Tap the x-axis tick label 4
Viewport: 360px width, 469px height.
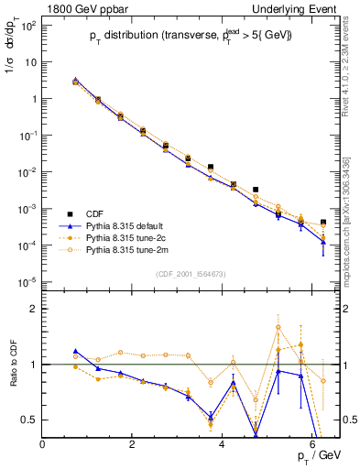pyautogui.click(x=223, y=444)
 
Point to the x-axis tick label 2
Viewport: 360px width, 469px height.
pyautogui.click(x=133, y=444)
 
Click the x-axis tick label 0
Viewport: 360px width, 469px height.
pyautogui.click(x=43, y=444)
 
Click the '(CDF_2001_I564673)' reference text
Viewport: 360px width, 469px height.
pyautogui.click(x=191, y=274)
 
